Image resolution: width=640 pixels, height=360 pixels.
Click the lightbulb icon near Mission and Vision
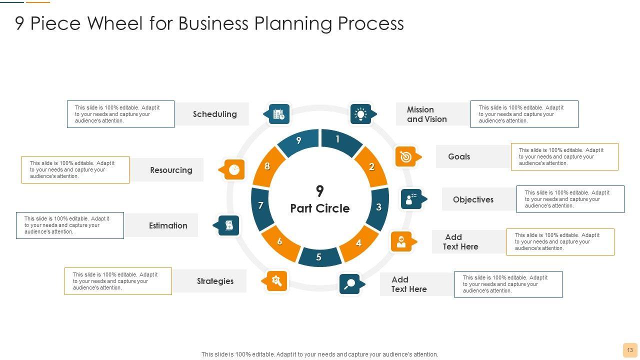(x=360, y=114)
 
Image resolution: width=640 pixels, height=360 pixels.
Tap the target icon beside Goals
(x=405, y=156)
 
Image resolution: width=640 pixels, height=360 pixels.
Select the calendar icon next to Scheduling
(x=278, y=114)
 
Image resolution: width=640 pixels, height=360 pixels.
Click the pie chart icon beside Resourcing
(x=234, y=170)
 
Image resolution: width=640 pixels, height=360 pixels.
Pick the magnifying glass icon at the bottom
(x=349, y=284)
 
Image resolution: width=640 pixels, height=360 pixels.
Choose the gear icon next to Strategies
(x=276, y=281)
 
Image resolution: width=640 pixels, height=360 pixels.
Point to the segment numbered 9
(x=299, y=141)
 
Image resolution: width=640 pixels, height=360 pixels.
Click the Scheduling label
(x=215, y=114)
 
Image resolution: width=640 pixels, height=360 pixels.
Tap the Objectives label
(x=473, y=199)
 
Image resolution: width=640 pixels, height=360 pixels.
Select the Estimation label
(x=168, y=225)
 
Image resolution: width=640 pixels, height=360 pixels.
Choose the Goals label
(x=459, y=156)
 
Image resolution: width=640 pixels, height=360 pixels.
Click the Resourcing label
(x=171, y=170)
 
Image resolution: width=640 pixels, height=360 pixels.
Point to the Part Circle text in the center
(x=320, y=208)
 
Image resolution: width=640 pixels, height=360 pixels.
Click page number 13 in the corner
(x=629, y=350)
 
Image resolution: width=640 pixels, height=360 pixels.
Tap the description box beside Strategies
(x=118, y=281)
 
